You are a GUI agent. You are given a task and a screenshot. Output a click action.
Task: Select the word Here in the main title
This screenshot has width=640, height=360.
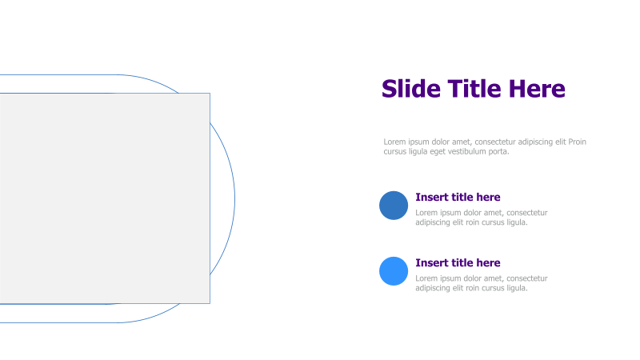click(539, 89)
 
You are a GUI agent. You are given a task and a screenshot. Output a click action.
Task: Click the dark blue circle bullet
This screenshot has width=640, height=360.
click(394, 206)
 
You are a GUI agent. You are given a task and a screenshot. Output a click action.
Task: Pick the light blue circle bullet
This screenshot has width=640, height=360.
click(394, 271)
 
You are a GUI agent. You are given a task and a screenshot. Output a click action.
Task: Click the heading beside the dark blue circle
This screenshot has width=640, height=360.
click(458, 198)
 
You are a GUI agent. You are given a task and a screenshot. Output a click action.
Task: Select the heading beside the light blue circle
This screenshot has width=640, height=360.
click(458, 263)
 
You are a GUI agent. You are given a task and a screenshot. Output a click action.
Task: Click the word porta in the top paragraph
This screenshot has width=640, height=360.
click(498, 151)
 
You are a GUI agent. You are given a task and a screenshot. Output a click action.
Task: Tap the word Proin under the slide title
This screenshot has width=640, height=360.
click(577, 142)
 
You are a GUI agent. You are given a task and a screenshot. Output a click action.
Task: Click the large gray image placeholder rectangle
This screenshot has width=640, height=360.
click(104, 198)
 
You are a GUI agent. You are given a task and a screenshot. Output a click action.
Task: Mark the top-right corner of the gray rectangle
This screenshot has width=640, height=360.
click(210, 94)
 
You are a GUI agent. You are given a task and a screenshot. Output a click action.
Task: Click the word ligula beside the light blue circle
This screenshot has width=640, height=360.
click(516, 288)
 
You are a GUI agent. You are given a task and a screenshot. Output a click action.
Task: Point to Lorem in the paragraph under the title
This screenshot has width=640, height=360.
click(394, 142)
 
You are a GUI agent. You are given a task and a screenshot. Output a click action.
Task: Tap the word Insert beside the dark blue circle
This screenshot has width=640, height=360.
click(432, 198)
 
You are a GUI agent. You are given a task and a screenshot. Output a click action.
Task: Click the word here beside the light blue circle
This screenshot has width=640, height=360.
click(487, 263)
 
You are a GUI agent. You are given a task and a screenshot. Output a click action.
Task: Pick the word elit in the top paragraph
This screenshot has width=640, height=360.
click(558, 142)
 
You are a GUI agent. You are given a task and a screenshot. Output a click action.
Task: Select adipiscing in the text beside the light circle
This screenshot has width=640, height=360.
click(434, 288)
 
